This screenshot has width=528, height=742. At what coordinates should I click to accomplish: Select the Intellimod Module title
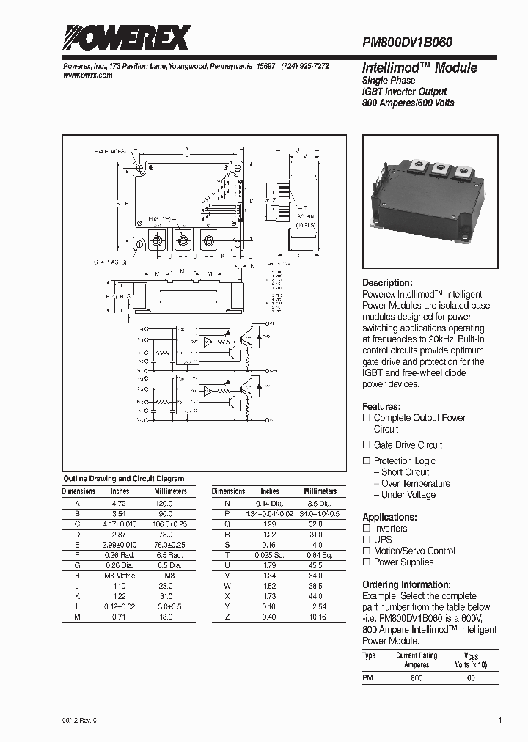pyautogui.click(x=419, y=68)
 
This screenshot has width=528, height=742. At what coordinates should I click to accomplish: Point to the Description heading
pyautogui.click(x=387, y=283)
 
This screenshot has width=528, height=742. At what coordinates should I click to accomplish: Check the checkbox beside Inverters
pyautogui.click(x=367, y=529)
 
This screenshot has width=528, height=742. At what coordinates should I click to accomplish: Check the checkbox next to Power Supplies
pyautogui.click(x=367, y=562)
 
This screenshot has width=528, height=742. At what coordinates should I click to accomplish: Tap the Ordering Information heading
pyautogui.click(x=406, y=584)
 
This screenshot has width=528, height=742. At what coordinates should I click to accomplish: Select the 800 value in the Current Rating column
pyautogui.click(x=417, y=679)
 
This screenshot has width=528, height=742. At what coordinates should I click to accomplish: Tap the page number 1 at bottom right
pyautogui.click(x=500, y=721)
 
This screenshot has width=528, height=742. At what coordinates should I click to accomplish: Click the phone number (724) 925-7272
pyautogui.click(x=304, y=66)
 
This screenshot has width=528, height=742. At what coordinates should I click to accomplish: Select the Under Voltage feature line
pyautogui.click(x=408, y=495)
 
